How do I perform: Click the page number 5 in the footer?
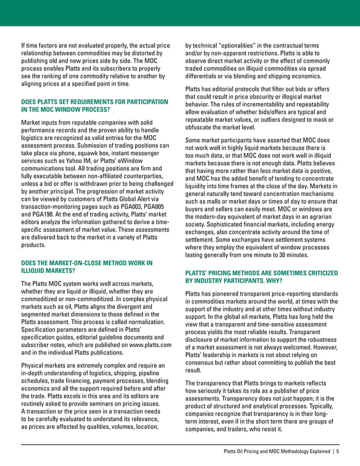pyautogui.click(x=337, y=451)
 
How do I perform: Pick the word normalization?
pyautogui.click(x=139, y=322)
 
